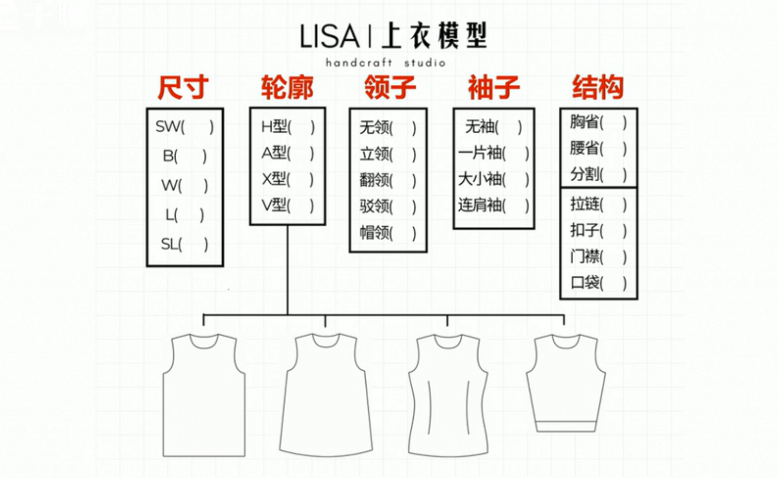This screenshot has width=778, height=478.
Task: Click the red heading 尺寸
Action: pos(183,87)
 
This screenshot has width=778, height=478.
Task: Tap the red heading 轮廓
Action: pos(287,87)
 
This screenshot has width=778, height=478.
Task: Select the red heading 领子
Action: pos(390,87)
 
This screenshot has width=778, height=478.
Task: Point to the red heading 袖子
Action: pos(493,87)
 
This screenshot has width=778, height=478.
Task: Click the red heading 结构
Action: pos(598,87)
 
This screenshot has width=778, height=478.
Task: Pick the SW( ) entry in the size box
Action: pos(184,127)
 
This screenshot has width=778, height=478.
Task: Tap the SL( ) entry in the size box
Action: pos(184,245)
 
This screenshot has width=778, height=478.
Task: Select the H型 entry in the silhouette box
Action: pos(288,127)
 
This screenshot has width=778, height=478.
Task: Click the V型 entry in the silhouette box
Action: pos(288,205)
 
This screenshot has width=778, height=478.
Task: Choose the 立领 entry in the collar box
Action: pos(388,154)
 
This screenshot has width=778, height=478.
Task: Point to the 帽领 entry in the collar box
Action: pos(388,233)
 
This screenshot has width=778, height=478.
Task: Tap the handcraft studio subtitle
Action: pos(386,63)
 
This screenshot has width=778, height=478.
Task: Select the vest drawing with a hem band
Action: pos(565,383)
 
